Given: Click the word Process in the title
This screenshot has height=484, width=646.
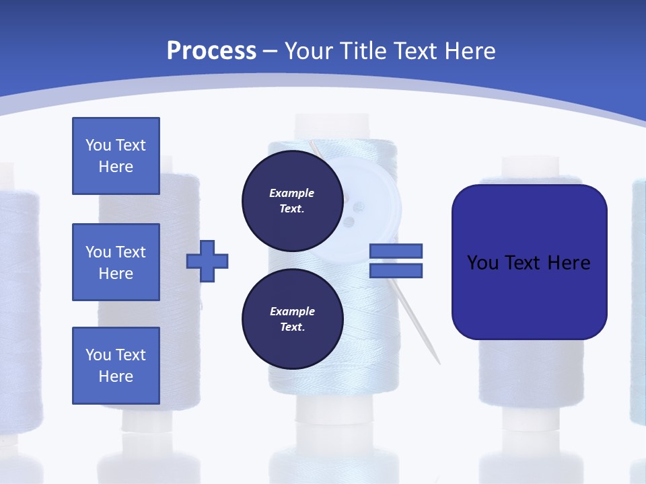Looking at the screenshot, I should click(x=211, y=51).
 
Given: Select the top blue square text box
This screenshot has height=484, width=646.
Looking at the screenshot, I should click(x=116, y=156).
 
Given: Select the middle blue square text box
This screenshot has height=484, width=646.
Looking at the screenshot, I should click(x=116, y=262).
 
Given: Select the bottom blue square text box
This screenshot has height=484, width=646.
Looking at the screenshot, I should click(x=116, y=366).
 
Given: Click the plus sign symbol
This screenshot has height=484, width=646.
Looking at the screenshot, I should click(x=207, y=261).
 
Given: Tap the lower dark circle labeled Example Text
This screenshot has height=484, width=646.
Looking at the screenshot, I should click(x=292, y=319).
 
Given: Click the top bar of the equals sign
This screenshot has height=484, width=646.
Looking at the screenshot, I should click(x=396, y=251).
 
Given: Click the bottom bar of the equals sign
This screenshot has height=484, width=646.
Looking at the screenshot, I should click(x=396, y=270).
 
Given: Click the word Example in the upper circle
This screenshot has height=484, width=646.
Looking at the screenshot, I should click(x=292, y=193).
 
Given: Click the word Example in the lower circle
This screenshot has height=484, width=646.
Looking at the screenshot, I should click(x=292, y=311).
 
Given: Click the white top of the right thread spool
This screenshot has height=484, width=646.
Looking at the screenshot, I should click(x=531, y=166).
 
